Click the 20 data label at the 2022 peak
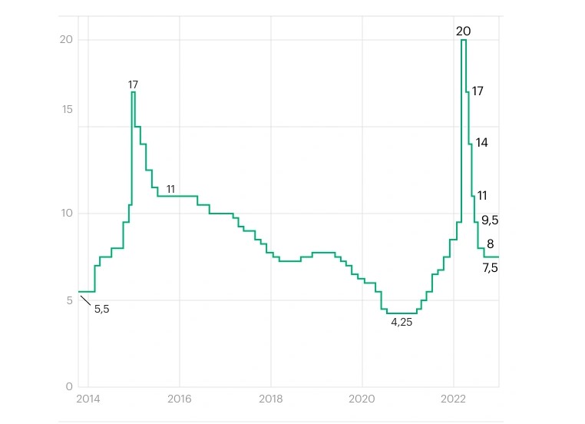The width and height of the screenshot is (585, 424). [463, 31]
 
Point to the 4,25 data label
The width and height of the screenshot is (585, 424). [402, 323]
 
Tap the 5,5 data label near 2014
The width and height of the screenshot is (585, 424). [102, 309]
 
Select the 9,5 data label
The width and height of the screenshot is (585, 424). [490, 220]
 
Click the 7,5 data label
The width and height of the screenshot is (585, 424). [490, 268]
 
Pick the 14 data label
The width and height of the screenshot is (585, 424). [481, 143]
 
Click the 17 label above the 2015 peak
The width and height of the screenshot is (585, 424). [133, 84]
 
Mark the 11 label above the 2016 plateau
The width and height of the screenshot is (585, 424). [170, 189]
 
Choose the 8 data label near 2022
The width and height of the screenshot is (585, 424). [490, 245]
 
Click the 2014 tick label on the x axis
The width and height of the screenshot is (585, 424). [88, 400]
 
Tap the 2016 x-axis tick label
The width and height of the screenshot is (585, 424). [179, 400]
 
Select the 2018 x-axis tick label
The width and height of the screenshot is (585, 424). [270, 400]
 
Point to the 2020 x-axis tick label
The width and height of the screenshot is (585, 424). [362, 400]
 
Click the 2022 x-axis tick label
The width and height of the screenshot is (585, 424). [453, 400]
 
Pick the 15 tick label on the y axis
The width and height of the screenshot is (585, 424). [67, 110]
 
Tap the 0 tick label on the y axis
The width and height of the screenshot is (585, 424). [69, 387]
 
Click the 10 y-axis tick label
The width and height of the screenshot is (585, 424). [67, 214]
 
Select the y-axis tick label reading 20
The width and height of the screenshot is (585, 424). [67, 40]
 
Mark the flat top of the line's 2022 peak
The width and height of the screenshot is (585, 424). [464, 40]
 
